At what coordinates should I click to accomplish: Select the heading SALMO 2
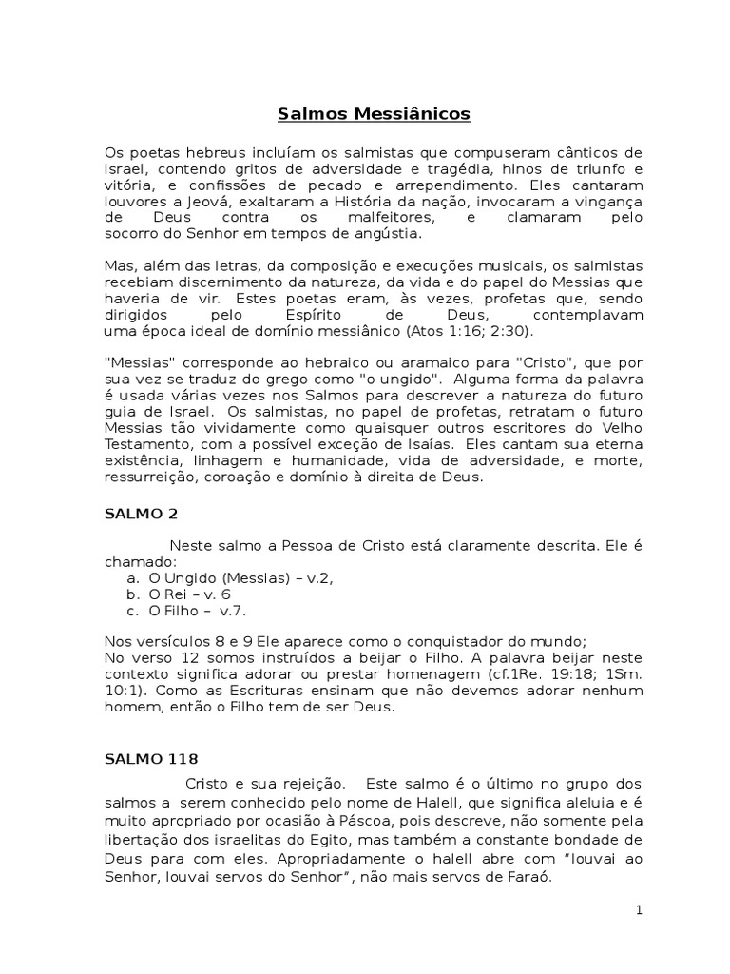click(141, 513)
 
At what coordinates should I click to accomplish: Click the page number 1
click(640, 910)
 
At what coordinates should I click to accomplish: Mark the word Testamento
click(142, 445)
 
